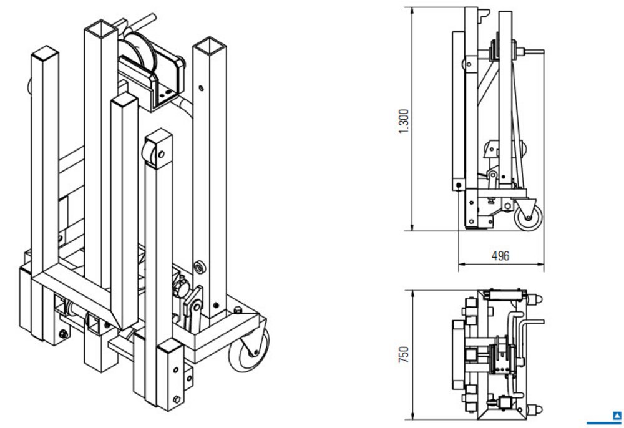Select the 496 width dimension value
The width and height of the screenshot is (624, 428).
[500, 256]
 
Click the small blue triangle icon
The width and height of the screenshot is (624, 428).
[617, 414]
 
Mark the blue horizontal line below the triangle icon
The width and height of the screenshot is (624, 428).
[604, 422]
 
